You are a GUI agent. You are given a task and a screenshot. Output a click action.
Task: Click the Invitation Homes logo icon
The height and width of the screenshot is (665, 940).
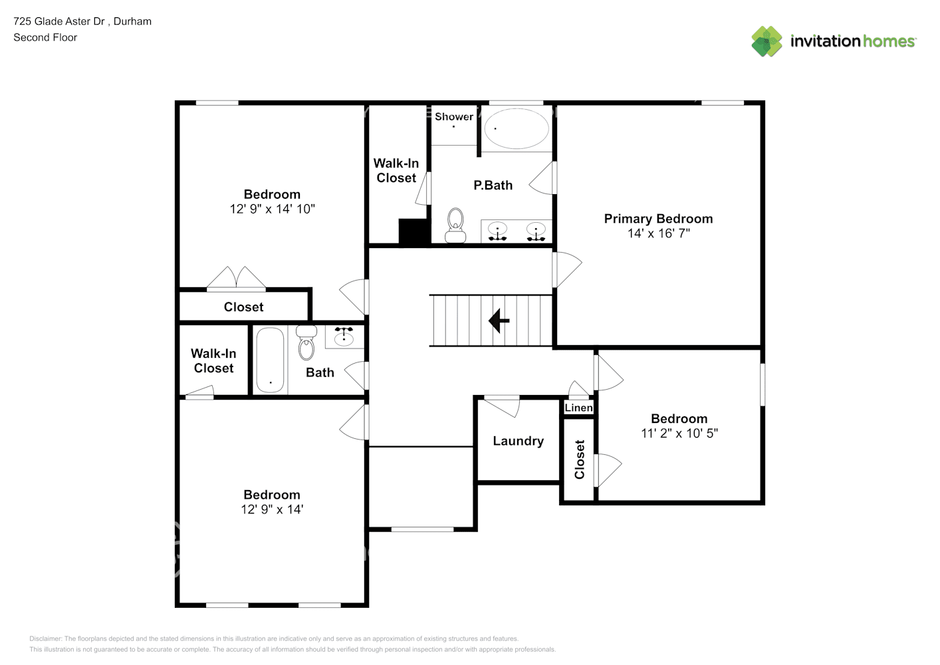(x=766, y=41)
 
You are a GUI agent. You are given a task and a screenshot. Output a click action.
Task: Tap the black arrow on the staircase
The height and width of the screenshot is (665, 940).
(x=499, y=321)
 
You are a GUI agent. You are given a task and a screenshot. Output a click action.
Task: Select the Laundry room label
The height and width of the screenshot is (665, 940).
(x=518, y=441)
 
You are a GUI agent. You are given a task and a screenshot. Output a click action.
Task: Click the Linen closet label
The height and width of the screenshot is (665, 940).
(x=578, y=408)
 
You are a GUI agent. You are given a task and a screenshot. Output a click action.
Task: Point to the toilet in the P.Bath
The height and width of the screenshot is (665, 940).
(x=455, y=225)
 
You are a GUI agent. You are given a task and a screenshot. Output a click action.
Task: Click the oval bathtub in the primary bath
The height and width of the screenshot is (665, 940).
(x=517, y=128)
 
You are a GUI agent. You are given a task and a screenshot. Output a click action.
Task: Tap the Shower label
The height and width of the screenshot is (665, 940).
(x=454, y=116)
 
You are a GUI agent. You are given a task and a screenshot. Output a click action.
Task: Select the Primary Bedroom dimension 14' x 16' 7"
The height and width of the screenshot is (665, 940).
(x=658, y=233)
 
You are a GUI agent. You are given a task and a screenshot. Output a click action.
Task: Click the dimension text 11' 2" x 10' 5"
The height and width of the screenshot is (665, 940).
(x=679, y=434)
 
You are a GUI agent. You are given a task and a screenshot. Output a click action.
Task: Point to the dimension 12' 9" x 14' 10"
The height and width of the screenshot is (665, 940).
(x=272, y=209)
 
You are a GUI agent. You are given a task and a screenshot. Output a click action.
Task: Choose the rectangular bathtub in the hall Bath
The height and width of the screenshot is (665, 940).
(x=270, y=360)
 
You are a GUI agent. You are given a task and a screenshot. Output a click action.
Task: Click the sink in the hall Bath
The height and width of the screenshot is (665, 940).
(x=344, y=337)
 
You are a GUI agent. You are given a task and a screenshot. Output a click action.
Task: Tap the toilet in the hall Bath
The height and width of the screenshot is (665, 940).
(x=306, y=342)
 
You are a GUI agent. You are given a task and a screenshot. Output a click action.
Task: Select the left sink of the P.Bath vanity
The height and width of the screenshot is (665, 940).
(x=497, y=231)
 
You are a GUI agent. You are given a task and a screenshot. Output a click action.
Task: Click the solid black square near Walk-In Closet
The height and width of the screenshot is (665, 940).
(x=413, y=232)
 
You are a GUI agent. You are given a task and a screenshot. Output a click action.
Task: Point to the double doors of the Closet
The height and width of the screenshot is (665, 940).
(x=236, y=279)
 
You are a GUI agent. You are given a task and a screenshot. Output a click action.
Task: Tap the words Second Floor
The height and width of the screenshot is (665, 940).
(x=45, y=38)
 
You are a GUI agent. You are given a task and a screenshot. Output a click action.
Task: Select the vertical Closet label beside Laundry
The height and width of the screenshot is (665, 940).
(x=579, y=459)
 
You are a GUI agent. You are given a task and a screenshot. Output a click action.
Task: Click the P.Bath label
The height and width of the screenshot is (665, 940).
(x=493, y=186)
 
